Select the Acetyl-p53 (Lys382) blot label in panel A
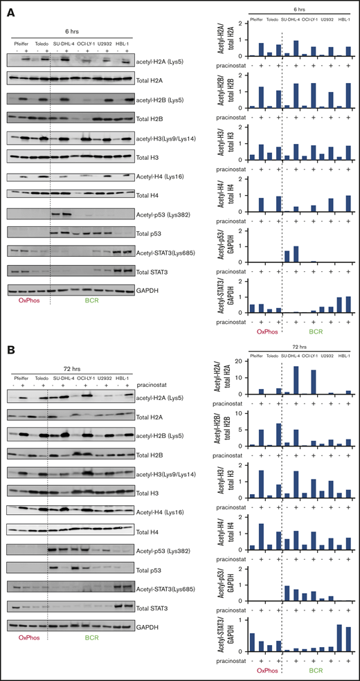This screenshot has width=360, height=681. point(164,214)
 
